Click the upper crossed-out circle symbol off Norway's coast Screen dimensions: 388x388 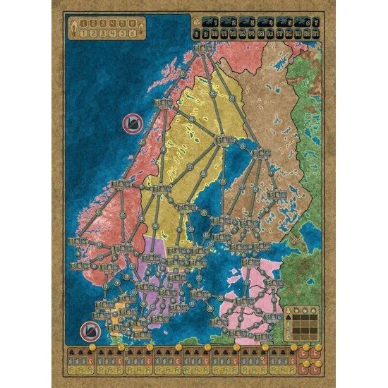tap(131, 123)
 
